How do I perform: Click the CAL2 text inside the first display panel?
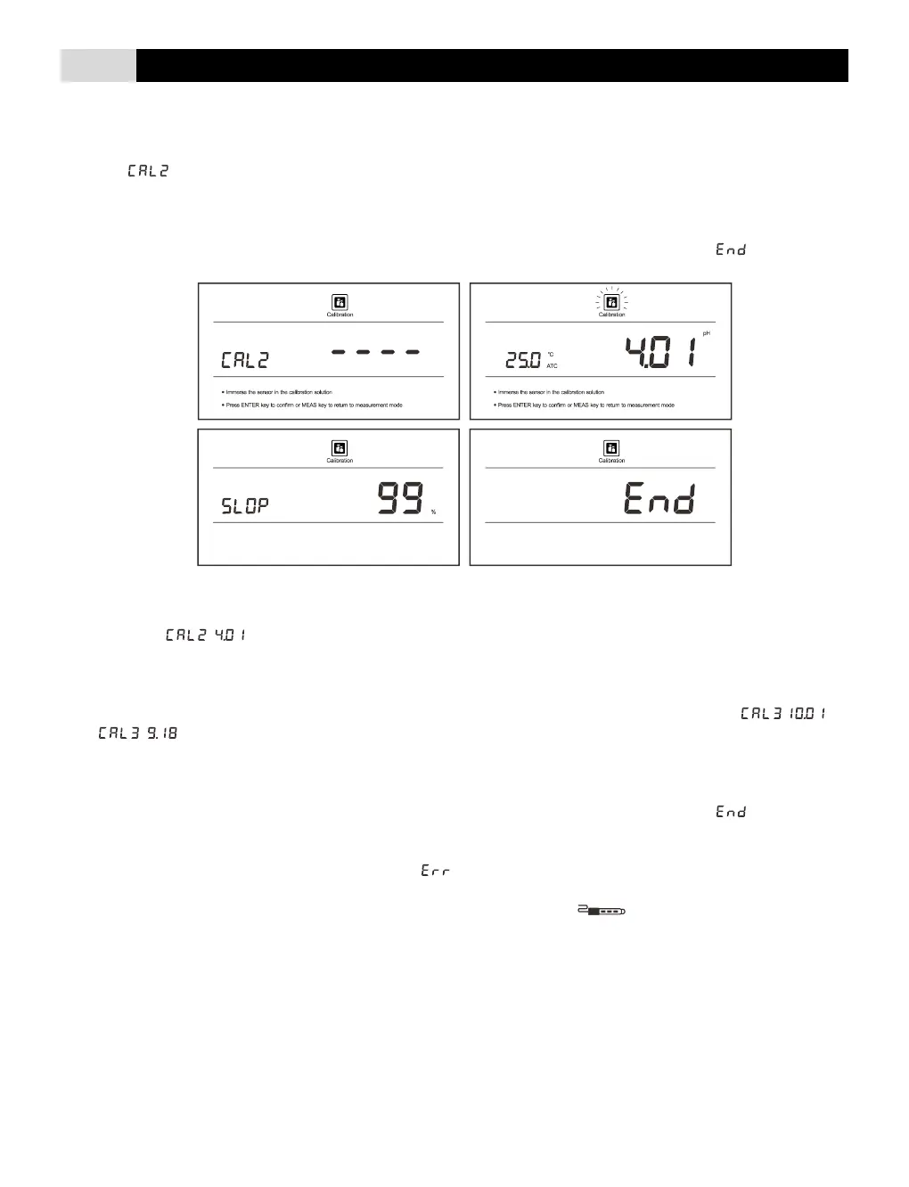coord(244,360)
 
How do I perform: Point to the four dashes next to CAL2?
coord(375,352)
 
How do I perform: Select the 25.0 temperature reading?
coord(522,360)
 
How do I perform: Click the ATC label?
coord(552,366)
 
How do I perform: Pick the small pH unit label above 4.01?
coord(706,333)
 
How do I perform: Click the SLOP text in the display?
coord(244,506)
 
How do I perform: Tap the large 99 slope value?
coord(400,498)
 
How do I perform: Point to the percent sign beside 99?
coord(434,512)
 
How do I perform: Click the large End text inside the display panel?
coord(659,498)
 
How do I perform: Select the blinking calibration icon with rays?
coord(611,301)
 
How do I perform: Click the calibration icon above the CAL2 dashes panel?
coord(340,302)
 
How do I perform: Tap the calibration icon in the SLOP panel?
coord(340,448)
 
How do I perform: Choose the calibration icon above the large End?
coord(611,448)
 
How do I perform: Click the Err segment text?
coord(435,870)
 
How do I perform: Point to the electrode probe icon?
coord(602,911)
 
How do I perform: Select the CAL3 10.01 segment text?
coord(782,714)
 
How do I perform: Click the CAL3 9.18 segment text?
coord(138,733)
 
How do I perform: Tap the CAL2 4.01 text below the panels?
coord(205,635)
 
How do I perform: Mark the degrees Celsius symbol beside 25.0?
coord(550,354)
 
